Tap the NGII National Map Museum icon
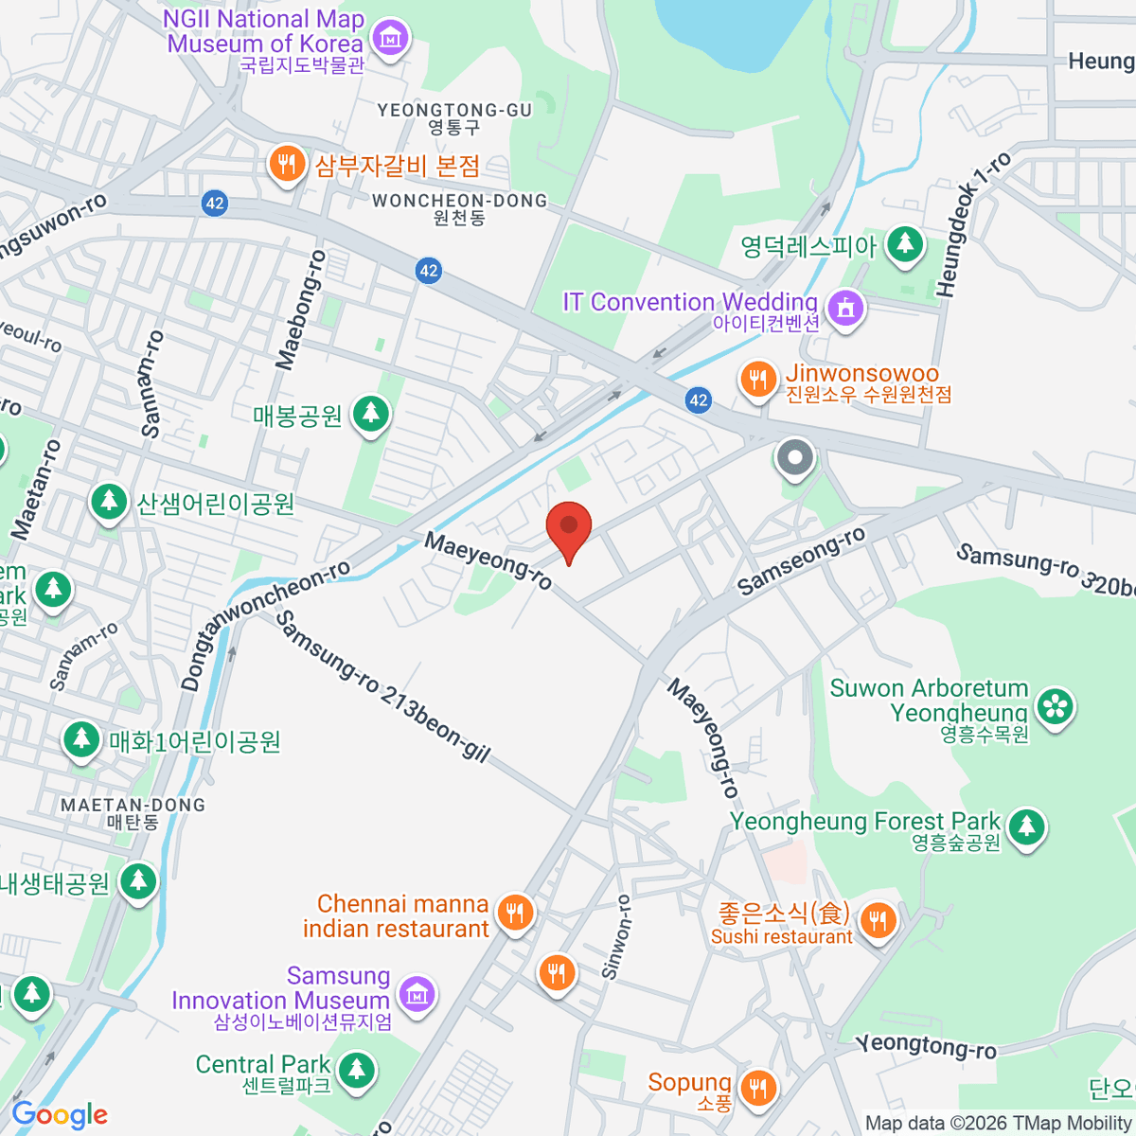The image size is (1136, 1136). [x=389, y=38]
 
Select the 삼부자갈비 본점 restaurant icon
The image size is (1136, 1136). [x=285, y=165]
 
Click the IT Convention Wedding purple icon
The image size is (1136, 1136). [x=845, y=308]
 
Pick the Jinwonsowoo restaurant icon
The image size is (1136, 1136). [x=757, y=381]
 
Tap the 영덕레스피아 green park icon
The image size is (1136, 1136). [x=906, y=244]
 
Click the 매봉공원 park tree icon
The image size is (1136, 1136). [x=370, y=414]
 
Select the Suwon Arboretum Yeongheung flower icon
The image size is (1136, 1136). [x=1056, y=706]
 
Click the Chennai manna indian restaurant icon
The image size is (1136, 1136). [x=515, y=913]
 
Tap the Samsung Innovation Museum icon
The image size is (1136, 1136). [x=417, y=994]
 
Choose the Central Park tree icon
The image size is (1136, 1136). [x=357, y=1070]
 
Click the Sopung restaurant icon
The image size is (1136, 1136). [x=757, y=1087]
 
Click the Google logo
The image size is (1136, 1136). [x=60, y=1115]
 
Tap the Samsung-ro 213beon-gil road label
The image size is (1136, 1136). [x=382, y=686]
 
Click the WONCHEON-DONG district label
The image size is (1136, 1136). [x=459, y=201]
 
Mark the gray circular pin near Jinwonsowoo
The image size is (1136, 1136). [x=795, y=458]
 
